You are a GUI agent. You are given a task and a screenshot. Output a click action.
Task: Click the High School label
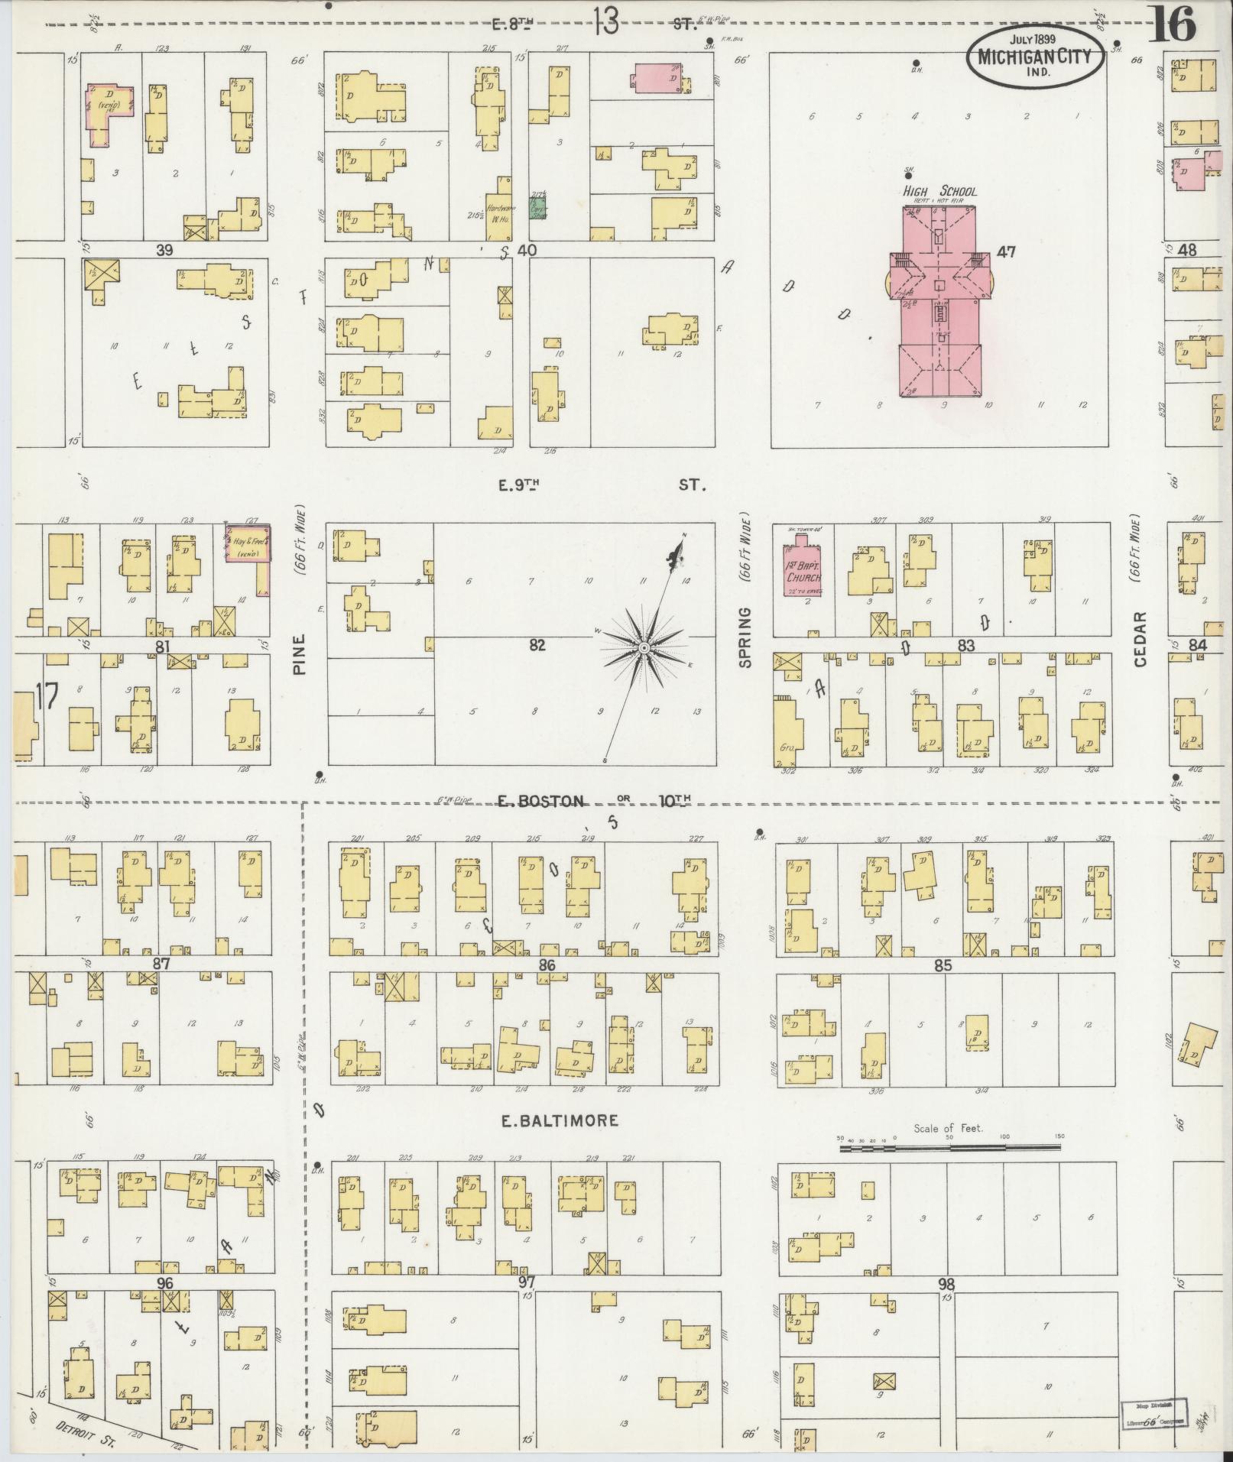pyautogui.click(x=939, y=192)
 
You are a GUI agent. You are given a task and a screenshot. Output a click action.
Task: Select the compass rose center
pyautogui.click(x=644, y=648)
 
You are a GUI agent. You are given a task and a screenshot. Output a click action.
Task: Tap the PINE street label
pyautogui.click(x=299, y=654)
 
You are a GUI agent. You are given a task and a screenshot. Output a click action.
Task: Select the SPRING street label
pyautogui.click(x=746, y=637)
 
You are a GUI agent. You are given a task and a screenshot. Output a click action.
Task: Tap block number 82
pyautogui.click(x=537, y=645)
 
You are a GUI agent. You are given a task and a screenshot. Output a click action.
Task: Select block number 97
pyautogui.click(x=525, y=1282)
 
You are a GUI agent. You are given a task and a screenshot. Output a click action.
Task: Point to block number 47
pyautogui.click(x=1006, y=251)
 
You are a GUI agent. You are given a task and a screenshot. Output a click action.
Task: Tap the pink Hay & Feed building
pyautogui.click(x=248, y=545)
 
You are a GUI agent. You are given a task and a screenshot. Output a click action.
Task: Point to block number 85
pyautogui.click(x=943, y=965)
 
